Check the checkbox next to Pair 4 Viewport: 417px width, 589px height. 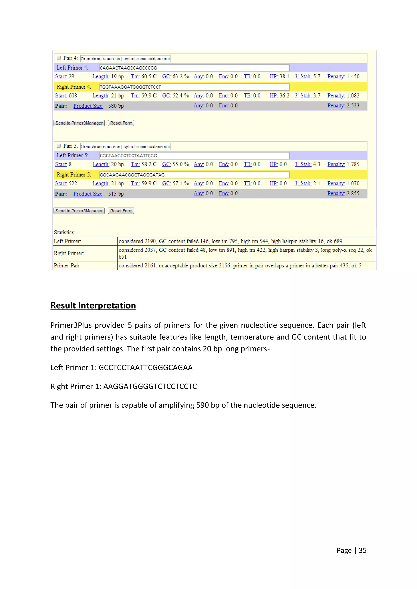coord(59,58)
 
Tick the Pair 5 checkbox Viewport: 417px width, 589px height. coord(59,146)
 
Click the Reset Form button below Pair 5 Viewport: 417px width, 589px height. coord(121,211)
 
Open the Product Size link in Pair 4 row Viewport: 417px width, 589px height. coord(88,106)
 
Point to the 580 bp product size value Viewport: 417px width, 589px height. coord(116,106)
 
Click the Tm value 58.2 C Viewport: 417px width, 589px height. coord(149,164)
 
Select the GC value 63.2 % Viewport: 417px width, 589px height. coord(181,76)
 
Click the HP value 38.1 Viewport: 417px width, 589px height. coord(284,76)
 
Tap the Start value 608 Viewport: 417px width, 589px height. coord(73,96)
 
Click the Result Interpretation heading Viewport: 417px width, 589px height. coord(93,305)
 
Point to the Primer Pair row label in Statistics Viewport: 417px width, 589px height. coord(67,265)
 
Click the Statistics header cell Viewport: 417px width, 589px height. coord(65,232)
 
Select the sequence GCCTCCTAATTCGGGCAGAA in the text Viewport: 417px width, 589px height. coord(146,368)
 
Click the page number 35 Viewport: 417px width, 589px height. coord(362,550)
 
